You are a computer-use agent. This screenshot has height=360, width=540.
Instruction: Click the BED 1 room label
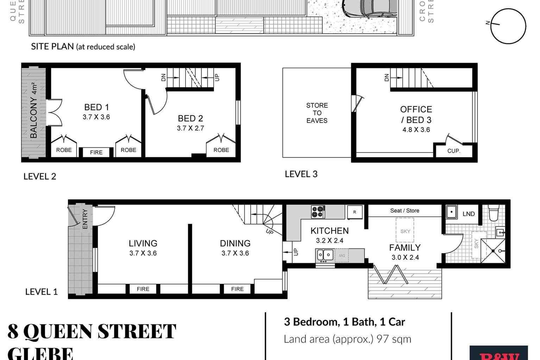[x=96, y=107]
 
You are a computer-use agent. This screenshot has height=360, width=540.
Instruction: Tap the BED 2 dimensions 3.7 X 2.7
[x=190, y=128]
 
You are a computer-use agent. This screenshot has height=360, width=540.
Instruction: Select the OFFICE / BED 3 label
[x=416, y=115]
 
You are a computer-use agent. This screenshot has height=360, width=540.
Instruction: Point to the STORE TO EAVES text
[x=317, y=113]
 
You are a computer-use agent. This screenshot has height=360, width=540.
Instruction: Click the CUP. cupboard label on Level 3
[x=454, y=151]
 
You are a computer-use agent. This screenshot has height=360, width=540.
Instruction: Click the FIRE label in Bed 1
[x=96, y=152]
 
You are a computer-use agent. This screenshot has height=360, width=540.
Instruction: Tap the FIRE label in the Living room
[x=143, y=289]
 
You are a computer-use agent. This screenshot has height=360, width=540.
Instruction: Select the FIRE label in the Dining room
[x=237, y=289]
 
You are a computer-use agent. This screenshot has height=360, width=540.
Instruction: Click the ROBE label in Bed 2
[x=221, y=150]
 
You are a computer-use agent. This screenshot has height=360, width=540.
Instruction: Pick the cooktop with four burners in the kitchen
[x=318, y=212]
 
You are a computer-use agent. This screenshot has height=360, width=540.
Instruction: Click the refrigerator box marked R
[x=354, y=212]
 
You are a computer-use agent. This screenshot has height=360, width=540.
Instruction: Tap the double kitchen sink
[x=325, y=255]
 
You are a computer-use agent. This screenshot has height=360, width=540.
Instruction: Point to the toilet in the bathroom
[x=494, y=213]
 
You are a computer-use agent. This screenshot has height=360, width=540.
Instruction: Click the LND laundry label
[x=469, y=214]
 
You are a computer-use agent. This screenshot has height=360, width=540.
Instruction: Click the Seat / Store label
[x=404, y=210]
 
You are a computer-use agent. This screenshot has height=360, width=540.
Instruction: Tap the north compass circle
[x=508, y=26]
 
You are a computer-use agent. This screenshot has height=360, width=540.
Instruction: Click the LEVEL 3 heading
[x=301, y=174]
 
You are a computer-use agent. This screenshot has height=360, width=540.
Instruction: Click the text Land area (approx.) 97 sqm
[x=347, y=339]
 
